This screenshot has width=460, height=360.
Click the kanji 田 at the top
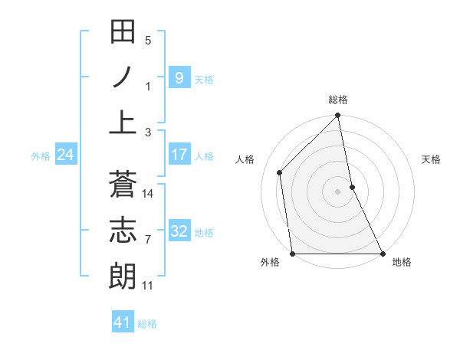pos(123,32)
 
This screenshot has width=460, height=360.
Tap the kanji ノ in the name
pos(123,77)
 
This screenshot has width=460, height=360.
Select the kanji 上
pos(123,122)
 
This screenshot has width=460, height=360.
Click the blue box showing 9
pos(179,77)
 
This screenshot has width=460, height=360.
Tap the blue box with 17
pos(179,155)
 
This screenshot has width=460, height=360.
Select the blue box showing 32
pos(179,231)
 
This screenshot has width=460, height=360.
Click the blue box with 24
pos(65,155)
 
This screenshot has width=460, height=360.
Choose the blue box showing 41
pos(123,322)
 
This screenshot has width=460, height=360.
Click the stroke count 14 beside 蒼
pos(148,194)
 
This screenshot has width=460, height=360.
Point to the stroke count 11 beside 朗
pos(148,286)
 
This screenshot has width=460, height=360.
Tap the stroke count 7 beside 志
pos(148,240)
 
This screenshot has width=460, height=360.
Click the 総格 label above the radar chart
pos(338,100)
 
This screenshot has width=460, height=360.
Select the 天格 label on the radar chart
pos(431,159)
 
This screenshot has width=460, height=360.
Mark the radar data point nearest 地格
pos(383,254)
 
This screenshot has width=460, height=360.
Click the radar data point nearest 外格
pos(292,254)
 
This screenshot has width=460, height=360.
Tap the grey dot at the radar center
pos(337,191)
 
